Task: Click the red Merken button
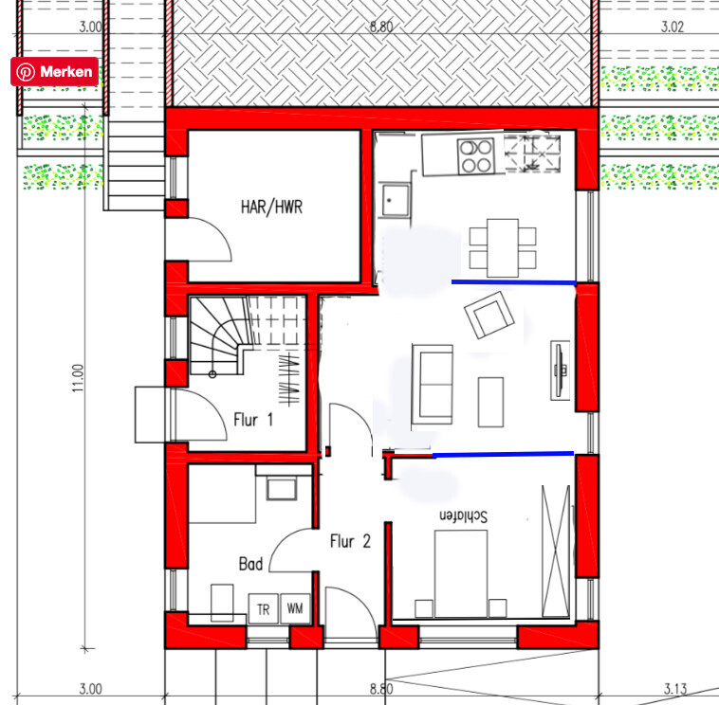pos(55,71)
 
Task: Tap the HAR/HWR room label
pos(271,208)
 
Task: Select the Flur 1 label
pos(253,420)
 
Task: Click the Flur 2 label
pos(350,541)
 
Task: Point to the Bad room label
pos(250,564)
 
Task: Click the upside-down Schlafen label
pos(463,515)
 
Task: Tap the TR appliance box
pos(263,608)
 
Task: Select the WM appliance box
pos(295,608)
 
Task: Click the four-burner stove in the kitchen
pos(476,156)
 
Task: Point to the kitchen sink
pos(396,200)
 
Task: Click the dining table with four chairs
pos(503,248)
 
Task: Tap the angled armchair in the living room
pos(489,316)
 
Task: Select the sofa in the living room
pos(433,385)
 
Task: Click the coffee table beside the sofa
pos(490,402)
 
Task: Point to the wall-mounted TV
pos(560,371)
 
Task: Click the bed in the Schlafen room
pos(461,574)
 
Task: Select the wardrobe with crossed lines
pos(556,551)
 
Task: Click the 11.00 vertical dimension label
pos(78,378)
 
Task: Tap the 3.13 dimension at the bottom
pos(675,689)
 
